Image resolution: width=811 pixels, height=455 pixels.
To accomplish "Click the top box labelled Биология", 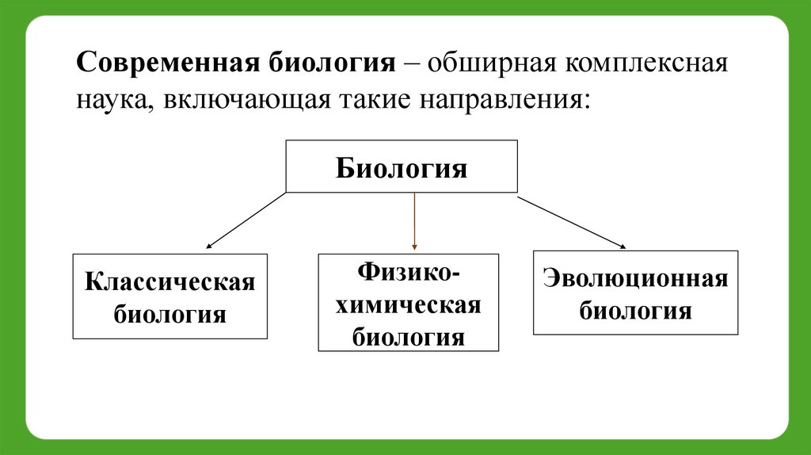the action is pos(402,167).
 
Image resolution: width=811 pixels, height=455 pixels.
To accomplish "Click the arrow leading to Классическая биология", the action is pos(246,220).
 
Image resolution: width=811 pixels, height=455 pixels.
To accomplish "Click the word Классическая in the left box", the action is pos(170,282).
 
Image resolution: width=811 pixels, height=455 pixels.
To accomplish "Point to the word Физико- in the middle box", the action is pos(408,273).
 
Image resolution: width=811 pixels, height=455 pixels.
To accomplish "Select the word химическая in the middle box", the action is pos(408,306).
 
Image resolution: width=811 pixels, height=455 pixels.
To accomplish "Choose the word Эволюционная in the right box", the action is pos(635,279).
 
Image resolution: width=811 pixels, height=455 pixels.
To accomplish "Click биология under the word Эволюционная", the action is pos(635,310).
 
